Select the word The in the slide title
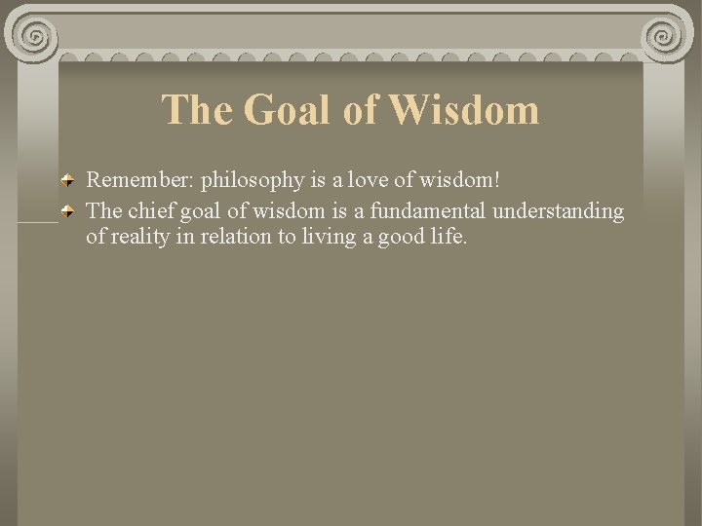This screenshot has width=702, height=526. [x=198, y=110]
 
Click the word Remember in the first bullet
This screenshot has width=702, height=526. [x=139, y=180]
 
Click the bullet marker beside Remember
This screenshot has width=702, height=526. [x=68, y=181]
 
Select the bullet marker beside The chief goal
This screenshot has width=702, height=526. [x=68, y=210]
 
